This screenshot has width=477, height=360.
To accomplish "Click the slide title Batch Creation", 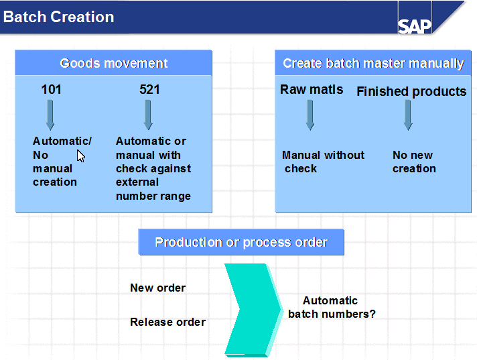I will tap(58, 17).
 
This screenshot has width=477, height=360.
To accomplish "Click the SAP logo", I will tap(415, 25).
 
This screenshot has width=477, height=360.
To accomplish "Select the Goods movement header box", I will tap(114, 63).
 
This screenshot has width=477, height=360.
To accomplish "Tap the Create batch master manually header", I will tap(373, 63).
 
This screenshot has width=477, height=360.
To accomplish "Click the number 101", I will tap(51, 89).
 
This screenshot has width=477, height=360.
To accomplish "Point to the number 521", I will tap(149, 89).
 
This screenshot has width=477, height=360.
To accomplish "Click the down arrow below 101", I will tap(50, 115).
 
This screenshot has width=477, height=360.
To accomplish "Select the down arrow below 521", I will tap(148, 115).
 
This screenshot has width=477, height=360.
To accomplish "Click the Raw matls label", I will tap(312, 89).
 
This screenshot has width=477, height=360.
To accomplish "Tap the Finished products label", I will tap(411, 91).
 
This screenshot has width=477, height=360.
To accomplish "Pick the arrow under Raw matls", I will tap(310, 115).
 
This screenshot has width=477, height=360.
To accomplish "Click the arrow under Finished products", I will tap(407, 115).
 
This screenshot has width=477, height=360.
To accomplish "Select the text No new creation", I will tap(413, 162).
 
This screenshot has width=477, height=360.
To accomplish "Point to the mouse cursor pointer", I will tap(80, 156).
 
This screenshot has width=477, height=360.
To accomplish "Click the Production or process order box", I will tap(241, 242).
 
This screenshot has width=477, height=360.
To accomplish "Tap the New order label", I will tap(157, 288).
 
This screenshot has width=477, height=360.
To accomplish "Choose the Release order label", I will tap(167, 322).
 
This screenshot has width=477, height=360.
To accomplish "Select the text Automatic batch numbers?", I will tap(331, 307).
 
